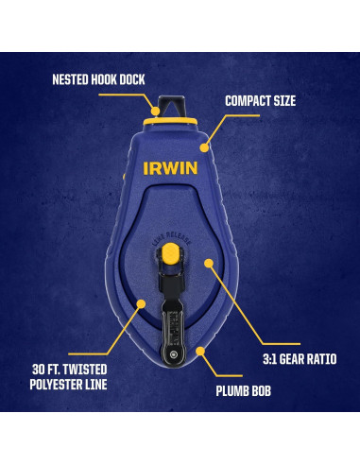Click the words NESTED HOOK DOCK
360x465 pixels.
(98, 78)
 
